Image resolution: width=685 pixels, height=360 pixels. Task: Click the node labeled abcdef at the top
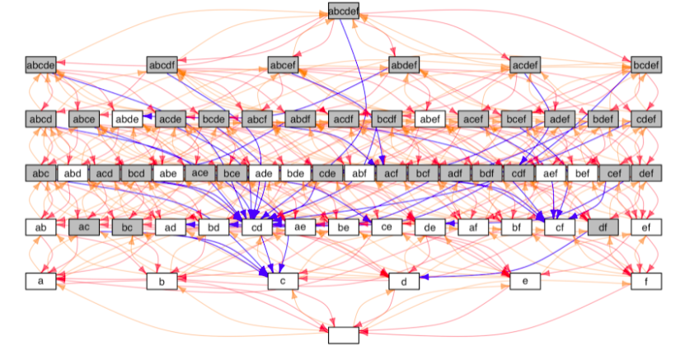(343, 11)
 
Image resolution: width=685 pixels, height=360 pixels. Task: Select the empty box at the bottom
(343, 335)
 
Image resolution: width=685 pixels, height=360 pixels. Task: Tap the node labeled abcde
(40, 64)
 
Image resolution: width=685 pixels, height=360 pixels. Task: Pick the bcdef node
(646, 64)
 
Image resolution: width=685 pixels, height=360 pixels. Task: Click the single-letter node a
(40, 281)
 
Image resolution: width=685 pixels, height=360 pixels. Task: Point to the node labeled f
(646, 281)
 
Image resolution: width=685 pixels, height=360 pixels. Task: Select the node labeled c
(283, 281)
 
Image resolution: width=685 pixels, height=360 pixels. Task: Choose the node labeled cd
(256, 227)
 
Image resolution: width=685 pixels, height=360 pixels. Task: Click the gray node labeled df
(603, 227)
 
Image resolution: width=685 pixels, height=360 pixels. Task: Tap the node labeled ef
(646, 227)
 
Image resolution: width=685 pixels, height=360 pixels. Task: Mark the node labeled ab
(40, 227)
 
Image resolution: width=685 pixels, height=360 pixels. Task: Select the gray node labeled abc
(40, 173)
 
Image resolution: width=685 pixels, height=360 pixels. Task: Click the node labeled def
(646, 173)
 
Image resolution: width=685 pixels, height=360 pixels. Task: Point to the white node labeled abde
(127, 119)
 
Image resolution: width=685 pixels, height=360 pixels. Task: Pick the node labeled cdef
(646, 119)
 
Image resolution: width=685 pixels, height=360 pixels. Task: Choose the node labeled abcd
(40, 119)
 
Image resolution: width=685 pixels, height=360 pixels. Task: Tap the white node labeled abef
(429, 119)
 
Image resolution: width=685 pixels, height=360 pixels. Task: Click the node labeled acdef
(525, 64)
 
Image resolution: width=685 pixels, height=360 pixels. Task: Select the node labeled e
(525, 281)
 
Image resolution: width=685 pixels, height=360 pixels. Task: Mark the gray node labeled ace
(199, 173)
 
